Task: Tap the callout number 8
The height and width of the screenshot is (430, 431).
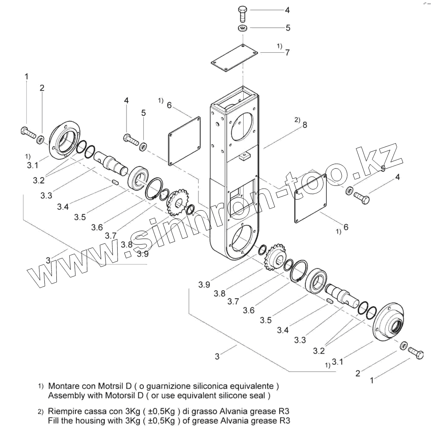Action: click(304, 125)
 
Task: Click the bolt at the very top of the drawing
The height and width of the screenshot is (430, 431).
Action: click(242, 13)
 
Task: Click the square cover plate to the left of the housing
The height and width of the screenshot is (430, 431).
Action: click(184, 141)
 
